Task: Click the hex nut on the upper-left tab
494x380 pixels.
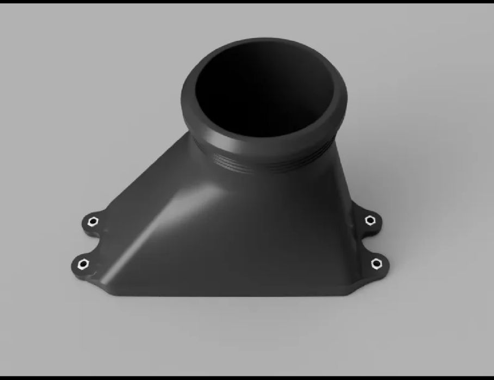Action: click(x=92, y=221)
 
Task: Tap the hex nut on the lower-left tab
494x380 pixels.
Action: click(x=83, y=265)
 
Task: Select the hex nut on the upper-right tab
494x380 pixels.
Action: click(x=370, y=220)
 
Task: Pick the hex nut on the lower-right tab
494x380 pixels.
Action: click(x=375, y=264)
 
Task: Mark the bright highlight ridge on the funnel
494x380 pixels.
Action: click(x=163, y=217)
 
